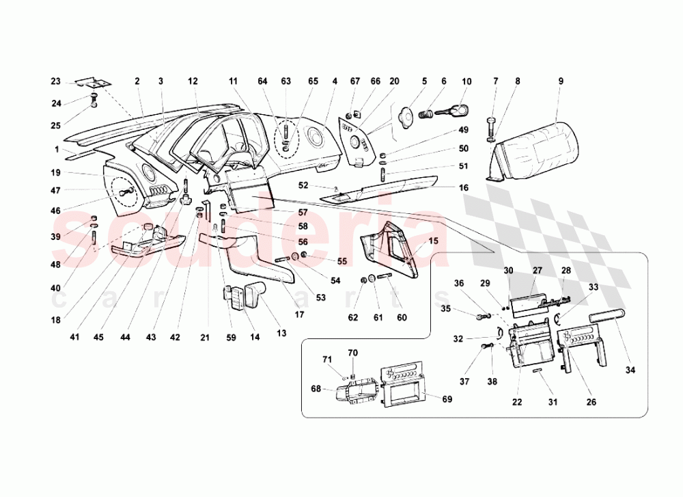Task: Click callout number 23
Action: tap(56, 81)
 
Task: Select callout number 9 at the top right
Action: tap(560, 81)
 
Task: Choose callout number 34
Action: tap(630, 371)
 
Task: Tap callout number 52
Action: tap(303, 185)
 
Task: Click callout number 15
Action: tap(432, 241)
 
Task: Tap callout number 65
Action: tap(313, 81)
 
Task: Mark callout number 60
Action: tap(401, 317)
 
